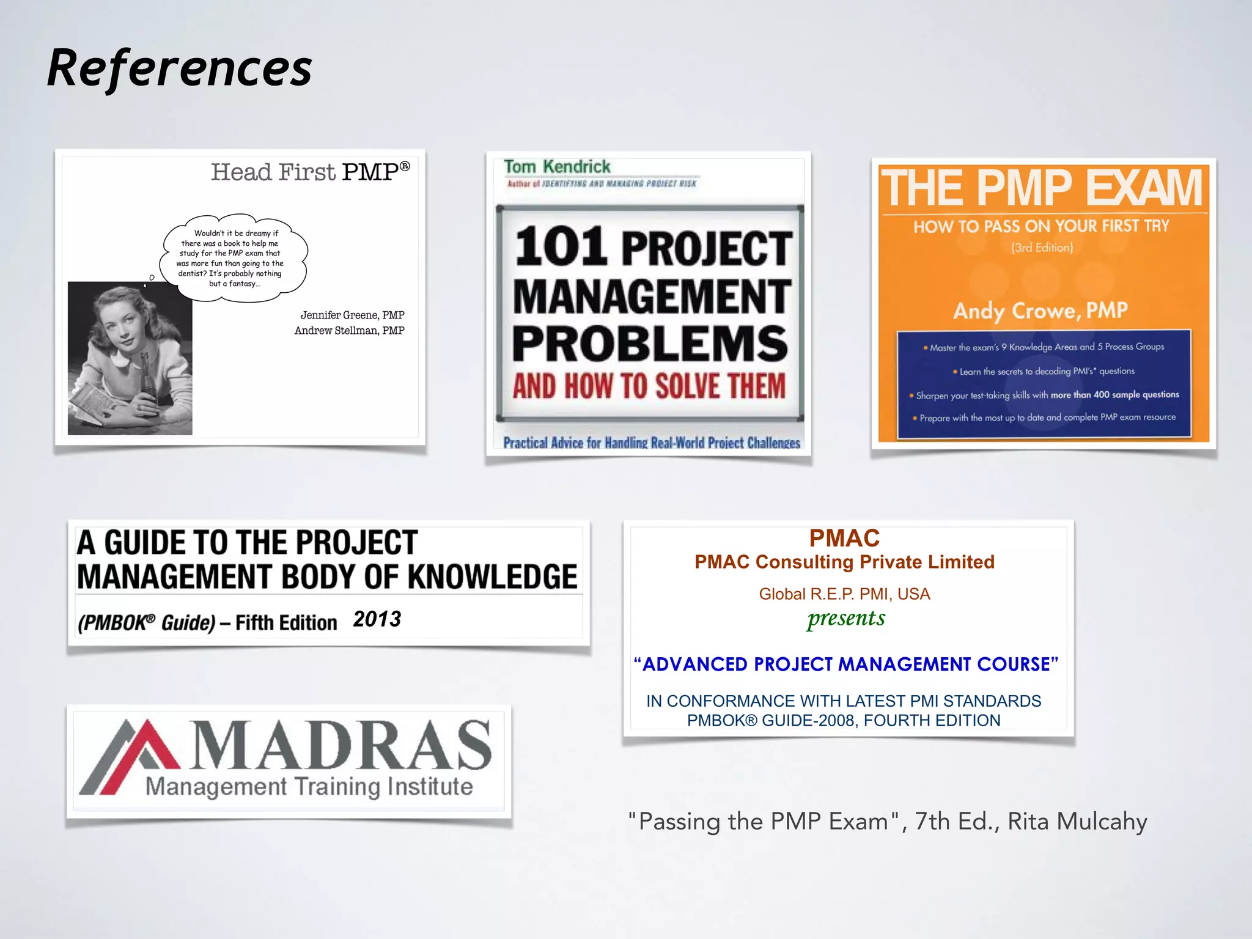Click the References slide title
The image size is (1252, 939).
[x=179, y=68]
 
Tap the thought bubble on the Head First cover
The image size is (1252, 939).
[x=232, y=257]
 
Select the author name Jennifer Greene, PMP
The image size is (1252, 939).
[x=352, y=315]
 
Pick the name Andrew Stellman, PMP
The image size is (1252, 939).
[x=349, y=331]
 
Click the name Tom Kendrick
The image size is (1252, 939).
[x=557, y=167]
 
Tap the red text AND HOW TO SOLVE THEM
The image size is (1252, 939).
[x=649, y=386]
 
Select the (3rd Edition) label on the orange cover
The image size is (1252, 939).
[x=1042, y=248]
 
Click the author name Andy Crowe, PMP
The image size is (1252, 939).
[x=1040, y=311]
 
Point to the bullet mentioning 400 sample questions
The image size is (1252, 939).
[x=1045, y=395]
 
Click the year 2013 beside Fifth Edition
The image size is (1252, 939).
[x=377, y=619]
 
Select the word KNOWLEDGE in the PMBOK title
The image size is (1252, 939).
[x=492, y=577]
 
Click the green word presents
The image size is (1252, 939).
[x=845, y=619]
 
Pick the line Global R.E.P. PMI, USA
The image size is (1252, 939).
[x=844, y=594]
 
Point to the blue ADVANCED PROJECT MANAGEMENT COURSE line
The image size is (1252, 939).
[x=845, y=665]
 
